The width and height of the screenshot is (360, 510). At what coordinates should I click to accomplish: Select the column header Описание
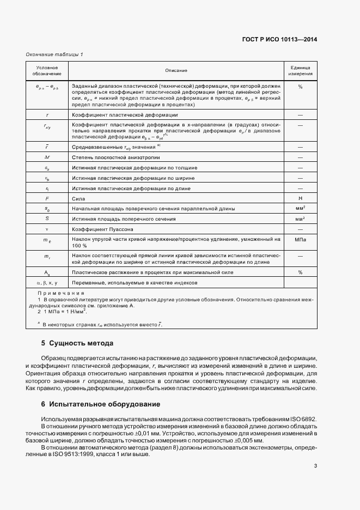point(176,70)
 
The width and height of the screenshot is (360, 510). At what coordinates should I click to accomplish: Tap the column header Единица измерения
point(300,70)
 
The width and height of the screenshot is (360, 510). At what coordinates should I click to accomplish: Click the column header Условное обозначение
point(47,70)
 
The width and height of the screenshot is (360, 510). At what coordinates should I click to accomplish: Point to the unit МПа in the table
point(300,239)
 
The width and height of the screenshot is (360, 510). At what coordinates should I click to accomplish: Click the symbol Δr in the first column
point(47,157)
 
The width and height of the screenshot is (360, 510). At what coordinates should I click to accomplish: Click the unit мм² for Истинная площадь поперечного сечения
point(300,219)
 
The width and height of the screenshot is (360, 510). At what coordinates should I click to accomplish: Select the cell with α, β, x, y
point(47,283)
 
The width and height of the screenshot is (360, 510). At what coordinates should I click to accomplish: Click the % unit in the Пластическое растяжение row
point(300,272)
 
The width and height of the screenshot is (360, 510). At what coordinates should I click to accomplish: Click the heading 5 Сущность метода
point(77,344)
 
